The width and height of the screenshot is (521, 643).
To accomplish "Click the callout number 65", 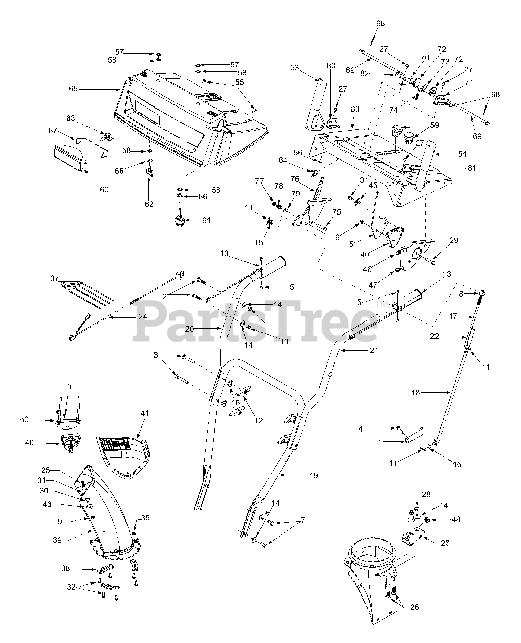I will point(74,89).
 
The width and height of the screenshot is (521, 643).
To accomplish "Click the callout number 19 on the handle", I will point(313,475).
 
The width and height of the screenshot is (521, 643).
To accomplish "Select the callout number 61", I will point(206,220).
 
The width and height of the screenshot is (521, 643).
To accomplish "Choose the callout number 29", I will point(454,242).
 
